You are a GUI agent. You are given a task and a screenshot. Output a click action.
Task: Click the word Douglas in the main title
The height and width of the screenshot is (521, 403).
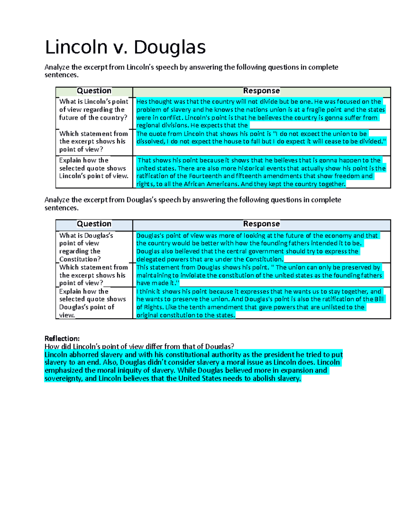(170, 47)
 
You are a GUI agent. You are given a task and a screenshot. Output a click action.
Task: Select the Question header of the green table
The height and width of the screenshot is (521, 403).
(94, 91)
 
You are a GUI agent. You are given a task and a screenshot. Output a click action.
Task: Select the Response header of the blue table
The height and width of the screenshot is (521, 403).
(261, 224)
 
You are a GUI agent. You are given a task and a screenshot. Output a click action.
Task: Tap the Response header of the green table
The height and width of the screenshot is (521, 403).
(261, 91)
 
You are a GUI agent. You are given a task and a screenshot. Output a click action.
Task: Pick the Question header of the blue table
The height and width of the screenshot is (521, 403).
(94, 224)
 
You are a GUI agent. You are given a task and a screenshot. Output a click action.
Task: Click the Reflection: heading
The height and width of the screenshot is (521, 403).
(62, 338)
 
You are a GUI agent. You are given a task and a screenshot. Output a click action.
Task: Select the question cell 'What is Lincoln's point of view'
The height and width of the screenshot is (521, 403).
(93, 109)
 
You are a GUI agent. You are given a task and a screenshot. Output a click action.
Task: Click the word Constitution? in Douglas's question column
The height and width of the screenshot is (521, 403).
(80, 259)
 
